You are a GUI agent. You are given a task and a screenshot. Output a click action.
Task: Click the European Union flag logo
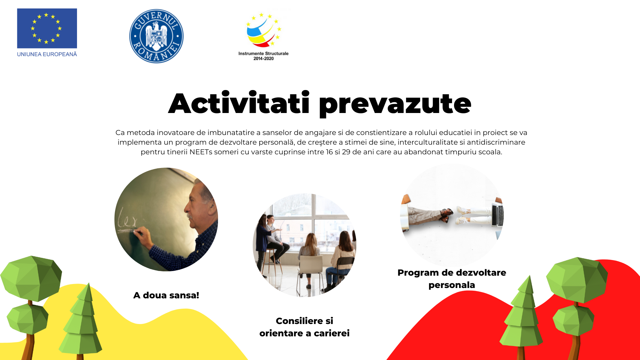point(47,28)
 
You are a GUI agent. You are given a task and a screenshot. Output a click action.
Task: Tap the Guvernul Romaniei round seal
point(156,36)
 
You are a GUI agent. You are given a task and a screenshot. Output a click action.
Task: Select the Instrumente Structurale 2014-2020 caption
point(263,56)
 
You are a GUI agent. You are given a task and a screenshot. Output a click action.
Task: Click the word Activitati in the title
point(239,103)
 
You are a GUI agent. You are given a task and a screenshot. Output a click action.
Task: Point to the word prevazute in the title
point(395,105)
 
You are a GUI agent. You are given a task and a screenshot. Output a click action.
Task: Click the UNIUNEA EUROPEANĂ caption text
point(47,54)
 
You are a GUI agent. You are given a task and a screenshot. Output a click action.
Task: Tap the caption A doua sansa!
point(166,295)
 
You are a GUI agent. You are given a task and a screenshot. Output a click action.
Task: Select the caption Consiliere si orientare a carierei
point(304,327)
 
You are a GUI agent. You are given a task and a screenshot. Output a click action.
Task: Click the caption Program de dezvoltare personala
point(452,279)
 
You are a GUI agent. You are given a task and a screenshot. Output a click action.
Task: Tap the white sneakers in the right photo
point(463,215)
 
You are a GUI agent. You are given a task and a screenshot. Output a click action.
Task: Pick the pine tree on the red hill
point(522,317)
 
